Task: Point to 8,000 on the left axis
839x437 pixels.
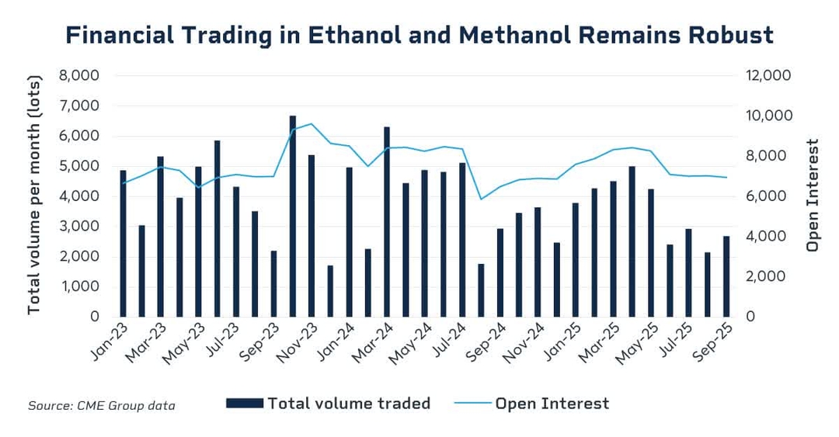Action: click(79, 76)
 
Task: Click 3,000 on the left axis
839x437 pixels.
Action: click(79, 227)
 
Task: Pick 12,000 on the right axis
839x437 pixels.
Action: click(768, 76)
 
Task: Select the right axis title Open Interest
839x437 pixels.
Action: click(813, 196)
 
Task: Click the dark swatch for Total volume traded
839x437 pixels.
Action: click(244, 404)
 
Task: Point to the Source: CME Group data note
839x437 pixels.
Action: click(102, 405)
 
